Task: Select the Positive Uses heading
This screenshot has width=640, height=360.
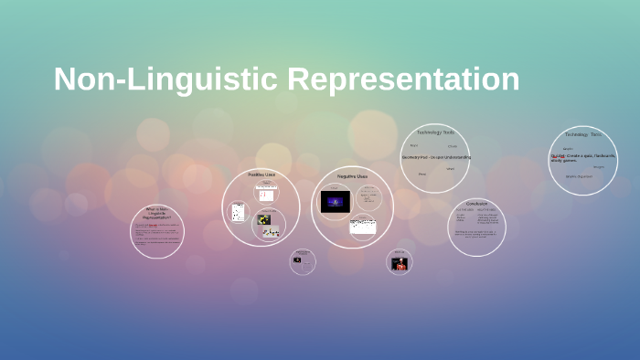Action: coord(261,174)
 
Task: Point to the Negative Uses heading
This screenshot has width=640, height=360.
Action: coord(352,175)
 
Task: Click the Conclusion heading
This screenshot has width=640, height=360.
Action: coord(476,203)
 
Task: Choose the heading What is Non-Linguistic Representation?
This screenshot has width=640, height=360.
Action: coord(156,214)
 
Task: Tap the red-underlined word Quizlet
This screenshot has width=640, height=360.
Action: coord(558,156)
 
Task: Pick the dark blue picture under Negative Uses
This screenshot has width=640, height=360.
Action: coord(336,201)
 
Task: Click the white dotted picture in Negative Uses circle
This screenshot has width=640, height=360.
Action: coord(363,226)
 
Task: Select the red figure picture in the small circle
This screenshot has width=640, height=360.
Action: coord(400,264)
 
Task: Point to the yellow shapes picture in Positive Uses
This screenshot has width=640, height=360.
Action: coord(264,219)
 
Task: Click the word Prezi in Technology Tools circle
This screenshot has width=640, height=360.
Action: coord(414,145)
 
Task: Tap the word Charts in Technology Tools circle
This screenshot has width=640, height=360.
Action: coord(452,146)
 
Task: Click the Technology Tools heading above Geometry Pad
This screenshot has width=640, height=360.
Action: coord(435,132)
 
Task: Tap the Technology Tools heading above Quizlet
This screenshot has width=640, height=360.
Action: coord(582,134)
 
